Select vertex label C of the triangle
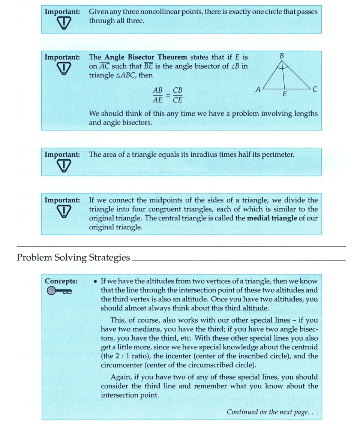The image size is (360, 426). tap(315, 89)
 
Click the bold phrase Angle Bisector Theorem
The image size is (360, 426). tap(145, 57)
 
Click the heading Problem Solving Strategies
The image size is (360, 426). tap(73, 258)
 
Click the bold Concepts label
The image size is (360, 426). tap(61, 281)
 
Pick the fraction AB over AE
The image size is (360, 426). tap(158, 95)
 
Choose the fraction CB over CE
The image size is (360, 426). tap(178, 95)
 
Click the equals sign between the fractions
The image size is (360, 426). tap(168, 96)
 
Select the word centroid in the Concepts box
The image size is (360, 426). tap(305, 347)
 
